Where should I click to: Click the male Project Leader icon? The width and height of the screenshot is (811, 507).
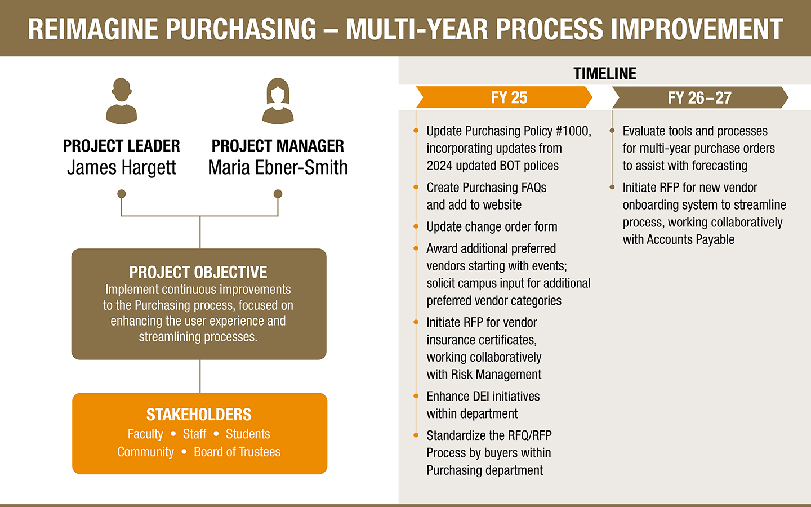click(121, 101)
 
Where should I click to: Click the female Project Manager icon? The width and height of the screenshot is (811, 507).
click(278, 101)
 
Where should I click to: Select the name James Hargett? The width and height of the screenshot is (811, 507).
click(122, 168)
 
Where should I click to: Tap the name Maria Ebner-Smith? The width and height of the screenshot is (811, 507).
click(278, 168)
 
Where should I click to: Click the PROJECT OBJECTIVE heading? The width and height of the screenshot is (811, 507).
click(198, 272)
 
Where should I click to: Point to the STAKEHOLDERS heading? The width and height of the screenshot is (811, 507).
click(199, 415)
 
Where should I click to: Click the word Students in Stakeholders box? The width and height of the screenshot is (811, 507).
click(248, 434)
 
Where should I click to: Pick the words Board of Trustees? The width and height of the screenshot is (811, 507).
click(237, 452)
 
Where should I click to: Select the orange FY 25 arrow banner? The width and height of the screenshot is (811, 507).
click(505, 97)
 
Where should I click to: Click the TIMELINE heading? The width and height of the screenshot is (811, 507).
click(604, 74)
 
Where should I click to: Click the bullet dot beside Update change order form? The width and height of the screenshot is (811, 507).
click(416, 226)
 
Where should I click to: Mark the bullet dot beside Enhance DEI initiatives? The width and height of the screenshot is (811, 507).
click(416, 396)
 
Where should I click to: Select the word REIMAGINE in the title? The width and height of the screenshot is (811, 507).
click(93, 29)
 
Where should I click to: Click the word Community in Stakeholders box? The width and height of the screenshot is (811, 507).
click(146, 452)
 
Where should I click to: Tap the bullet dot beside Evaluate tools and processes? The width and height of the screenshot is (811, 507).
click(612, 131)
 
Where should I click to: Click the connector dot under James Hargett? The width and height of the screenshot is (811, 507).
click(122, 194)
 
